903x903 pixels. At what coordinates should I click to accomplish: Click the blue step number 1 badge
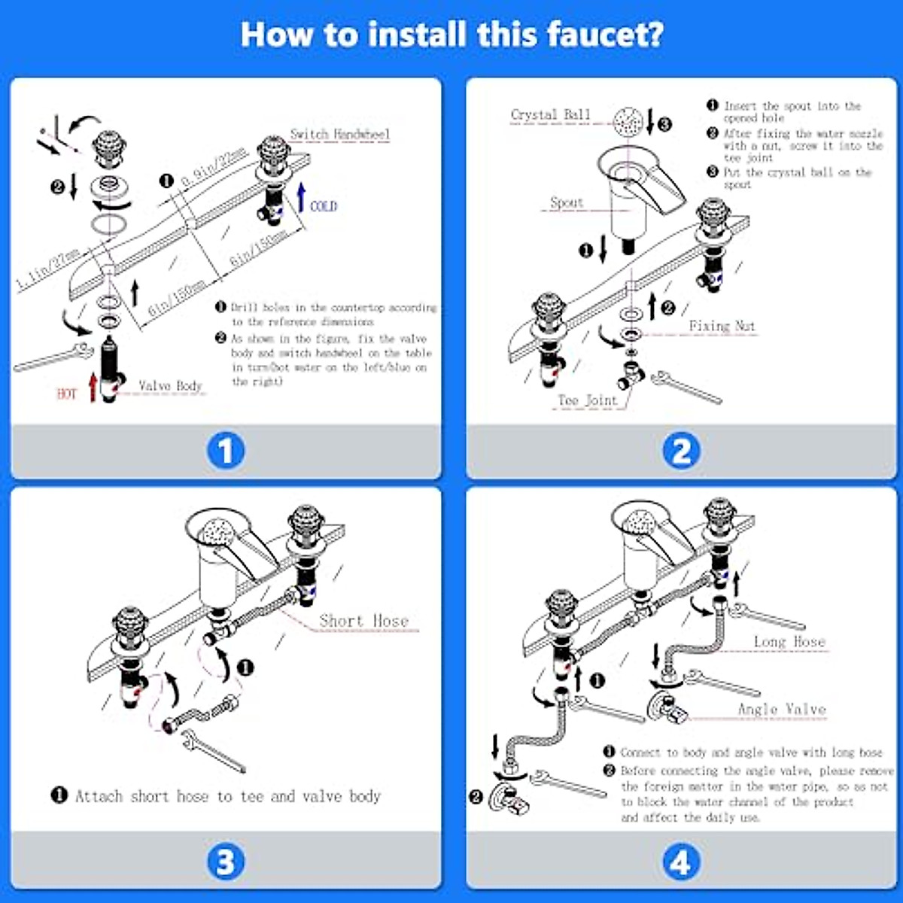pyautogui.click(x=225, y=451)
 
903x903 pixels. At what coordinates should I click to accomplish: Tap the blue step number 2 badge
pyautogui.click(x=681, y=451)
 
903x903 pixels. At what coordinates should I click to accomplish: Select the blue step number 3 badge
pyautogui.click(x=225, y=862)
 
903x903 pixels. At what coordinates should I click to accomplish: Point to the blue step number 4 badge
pyautogui.click(x=681, y=862)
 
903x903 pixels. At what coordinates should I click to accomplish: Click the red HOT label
pyautogui.click(x=67, y=394)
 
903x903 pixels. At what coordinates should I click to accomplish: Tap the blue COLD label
pyautogui.click(x=324, y=206)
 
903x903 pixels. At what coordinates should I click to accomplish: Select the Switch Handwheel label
pyautogui.click(x=340, y=135)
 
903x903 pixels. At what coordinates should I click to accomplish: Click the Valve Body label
pyautogui.click(x=171, y=386)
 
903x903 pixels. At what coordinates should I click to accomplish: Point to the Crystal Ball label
pyautogui.click(x=551, y=115)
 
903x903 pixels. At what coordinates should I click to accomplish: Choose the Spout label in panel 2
pyautogui.click(x=567, y=202)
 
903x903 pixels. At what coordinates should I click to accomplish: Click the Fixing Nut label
pyautogui.click(x=722, y=326)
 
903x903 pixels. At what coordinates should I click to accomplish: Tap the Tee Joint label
pyautogui.click(x=588, y=400)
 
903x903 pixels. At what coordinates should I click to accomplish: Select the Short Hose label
pyautogui.click(x=364, y=621)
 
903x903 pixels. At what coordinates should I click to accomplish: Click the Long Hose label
pyautogui.click(x=789, y=642)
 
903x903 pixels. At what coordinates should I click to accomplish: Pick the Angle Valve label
pyautogui.click(x=782, y=710)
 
